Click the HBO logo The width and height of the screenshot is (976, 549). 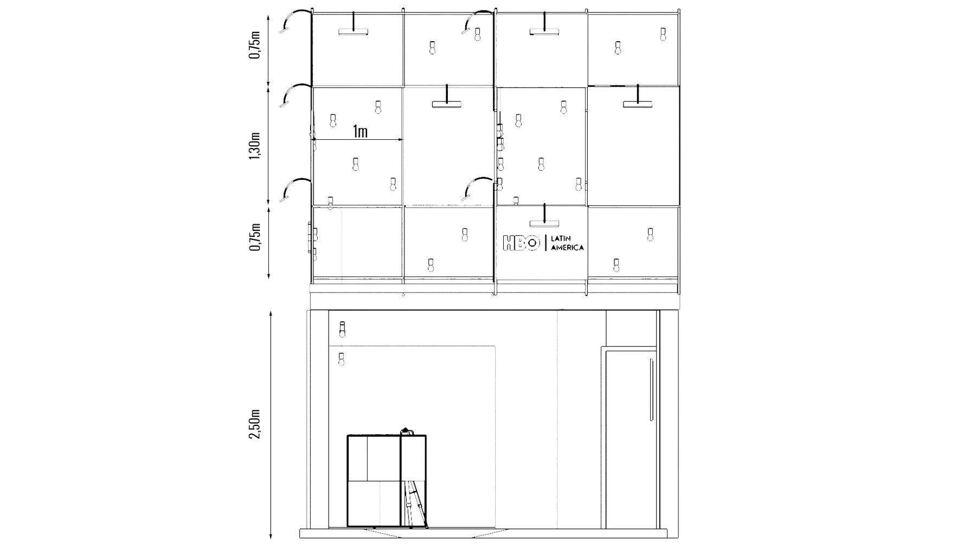pos(522,243)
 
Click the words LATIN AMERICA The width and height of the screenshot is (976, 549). pos(567,243)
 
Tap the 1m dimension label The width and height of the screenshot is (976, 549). pos(360,131)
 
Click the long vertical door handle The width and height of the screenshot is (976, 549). pos(651,389)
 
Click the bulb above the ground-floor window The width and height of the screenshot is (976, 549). pos(342,328)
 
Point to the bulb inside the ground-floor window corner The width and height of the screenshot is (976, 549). pos(342,358)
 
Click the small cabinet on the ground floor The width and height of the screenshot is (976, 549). pos(387,480)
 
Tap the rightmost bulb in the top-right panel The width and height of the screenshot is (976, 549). pos(663,34)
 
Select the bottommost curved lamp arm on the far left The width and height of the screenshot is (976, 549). pos(296,189)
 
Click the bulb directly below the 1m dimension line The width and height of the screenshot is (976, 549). pos(356,164)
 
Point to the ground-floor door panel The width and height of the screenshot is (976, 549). pos(631,439)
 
